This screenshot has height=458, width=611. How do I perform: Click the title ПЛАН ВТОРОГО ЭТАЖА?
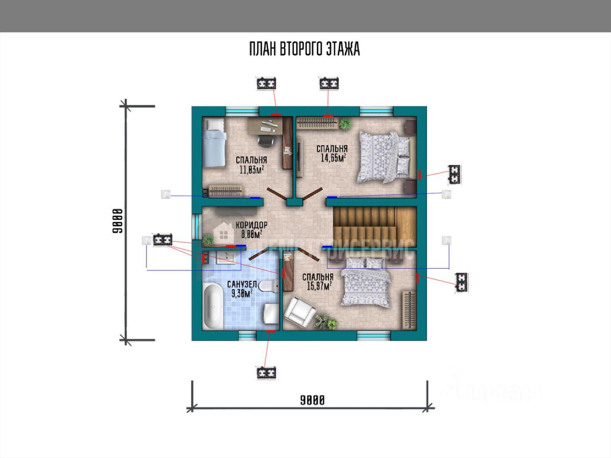click(304, 49)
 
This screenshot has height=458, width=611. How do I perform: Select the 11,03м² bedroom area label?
click(252, 169)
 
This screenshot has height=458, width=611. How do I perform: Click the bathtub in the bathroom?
click(212, 306)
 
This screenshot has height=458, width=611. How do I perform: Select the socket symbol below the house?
click(266, 373)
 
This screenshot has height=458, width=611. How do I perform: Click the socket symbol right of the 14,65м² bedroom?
click(454, 175)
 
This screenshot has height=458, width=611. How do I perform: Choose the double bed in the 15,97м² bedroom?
click(365, 282)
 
